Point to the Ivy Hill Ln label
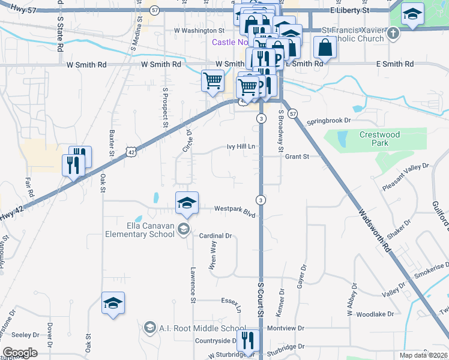coord(241,146)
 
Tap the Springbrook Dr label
coord(328,121)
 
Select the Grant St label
coord(297,157)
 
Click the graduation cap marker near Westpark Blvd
coord(187,202)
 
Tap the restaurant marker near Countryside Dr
coord(247,340)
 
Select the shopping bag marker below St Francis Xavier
coord(325,47)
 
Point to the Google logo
coord(20,353)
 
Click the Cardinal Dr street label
coord(215,236)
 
